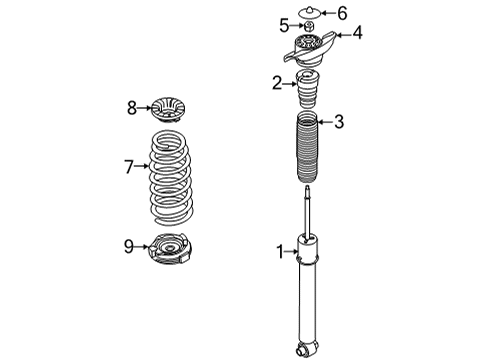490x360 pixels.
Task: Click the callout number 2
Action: [277, 84]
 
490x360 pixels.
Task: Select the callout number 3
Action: [339, 123]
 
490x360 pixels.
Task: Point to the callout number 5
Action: [284, 24]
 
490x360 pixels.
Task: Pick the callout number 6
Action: [341, 13]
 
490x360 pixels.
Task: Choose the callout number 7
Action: [128, 167]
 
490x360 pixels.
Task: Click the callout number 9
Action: [128, 245]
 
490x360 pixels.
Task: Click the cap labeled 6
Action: [310, 12]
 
